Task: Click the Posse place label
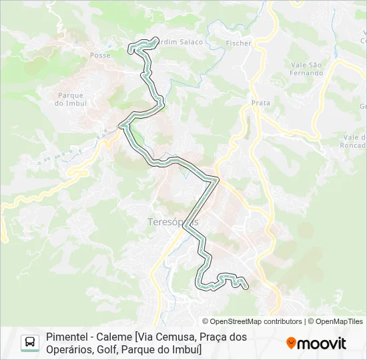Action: (x=99, y=55)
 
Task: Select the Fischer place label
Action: (x=239, y=43)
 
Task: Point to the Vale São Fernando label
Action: (x=307, y=69)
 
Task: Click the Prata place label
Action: (x=261, y=103)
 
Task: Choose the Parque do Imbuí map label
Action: (x=71, y=99)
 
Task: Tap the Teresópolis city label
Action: (x=173, y=221)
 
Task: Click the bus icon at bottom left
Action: (x=30, y=343)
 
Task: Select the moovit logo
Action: (x=316, y=343)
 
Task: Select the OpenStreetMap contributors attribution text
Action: (x=252, y=321)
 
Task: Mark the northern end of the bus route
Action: (x=157, y=39)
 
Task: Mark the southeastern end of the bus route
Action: (x=246, y=287)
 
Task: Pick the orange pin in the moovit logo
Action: (x=291, y=343)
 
